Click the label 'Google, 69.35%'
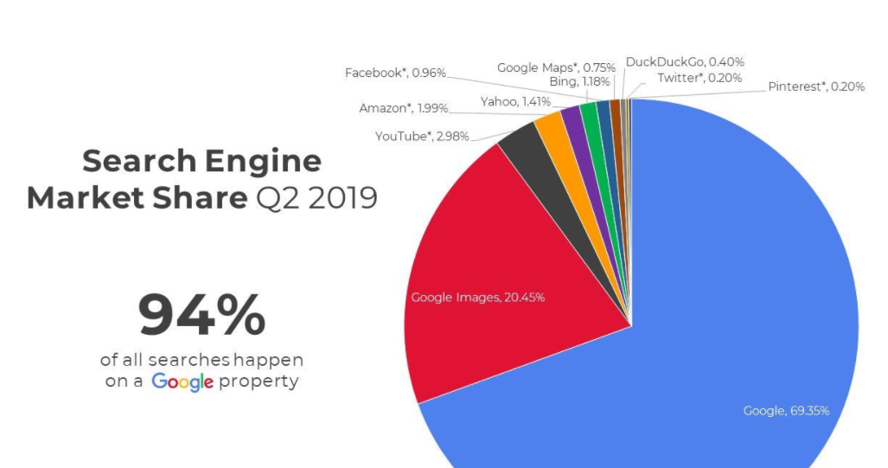click(786, 411)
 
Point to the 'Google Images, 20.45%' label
click(477, 298)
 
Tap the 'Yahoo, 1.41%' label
click(514, 102)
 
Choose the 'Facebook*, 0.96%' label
click(395, 73)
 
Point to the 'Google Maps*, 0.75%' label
click(556, 67)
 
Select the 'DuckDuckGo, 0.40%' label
click(685, 61)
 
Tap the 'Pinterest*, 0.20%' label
click(816, 87)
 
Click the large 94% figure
click(201, 317)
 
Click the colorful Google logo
click(182, 381)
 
